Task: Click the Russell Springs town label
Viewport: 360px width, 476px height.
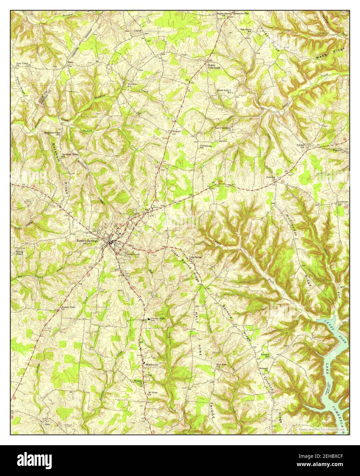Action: coord(87,241)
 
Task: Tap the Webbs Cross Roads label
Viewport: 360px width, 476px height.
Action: coord(214,66)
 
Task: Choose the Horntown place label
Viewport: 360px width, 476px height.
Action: coord(343,202)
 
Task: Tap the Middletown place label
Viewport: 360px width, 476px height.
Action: coord(152,365)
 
